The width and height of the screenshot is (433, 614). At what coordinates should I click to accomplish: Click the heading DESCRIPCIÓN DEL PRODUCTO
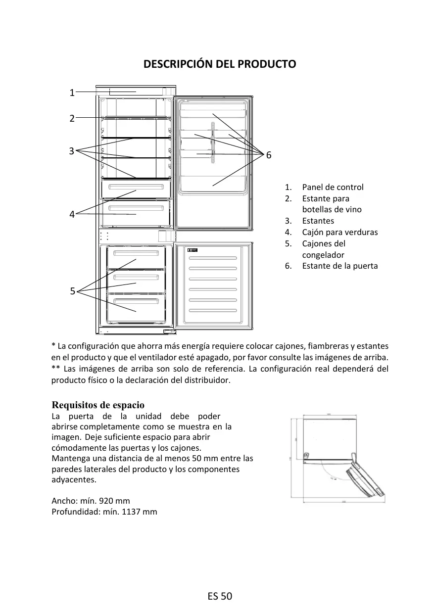point(219,64)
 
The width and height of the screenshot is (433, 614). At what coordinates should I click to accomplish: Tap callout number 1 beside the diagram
point(72,93)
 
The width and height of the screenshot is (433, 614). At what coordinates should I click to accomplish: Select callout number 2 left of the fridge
point(72,118)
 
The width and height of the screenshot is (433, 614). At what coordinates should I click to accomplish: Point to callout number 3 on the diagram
point(72,151)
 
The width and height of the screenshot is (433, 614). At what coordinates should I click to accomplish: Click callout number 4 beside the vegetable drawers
point(72,214)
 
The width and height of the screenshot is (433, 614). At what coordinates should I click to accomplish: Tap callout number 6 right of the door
point(269,155)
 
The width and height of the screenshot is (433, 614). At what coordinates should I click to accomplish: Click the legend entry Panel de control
point(333,187)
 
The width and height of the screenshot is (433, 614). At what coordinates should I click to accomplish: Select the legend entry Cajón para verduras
point(339,232)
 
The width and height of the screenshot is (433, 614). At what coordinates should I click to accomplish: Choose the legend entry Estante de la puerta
point(339,266)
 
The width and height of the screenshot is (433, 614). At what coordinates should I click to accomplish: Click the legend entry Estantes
point(318,221)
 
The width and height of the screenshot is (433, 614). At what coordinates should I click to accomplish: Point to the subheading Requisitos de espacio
point(98,405)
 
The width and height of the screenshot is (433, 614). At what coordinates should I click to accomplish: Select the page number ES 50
point(220,596)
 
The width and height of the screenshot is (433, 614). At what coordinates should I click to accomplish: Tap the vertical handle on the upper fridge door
point(212,143)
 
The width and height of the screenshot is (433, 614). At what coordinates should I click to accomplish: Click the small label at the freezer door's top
point(192,250)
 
